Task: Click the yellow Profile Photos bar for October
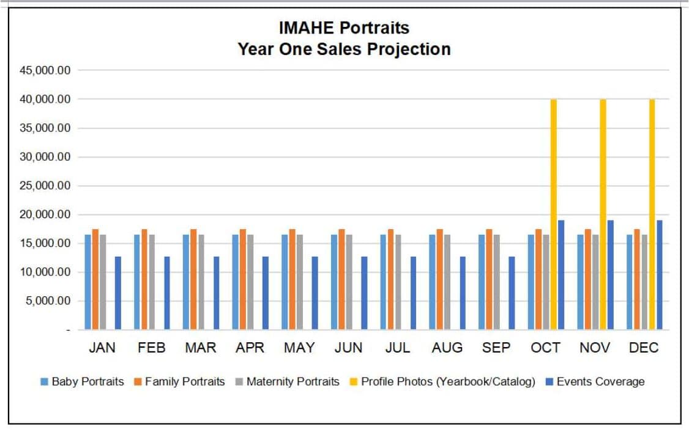[x=554, y=214]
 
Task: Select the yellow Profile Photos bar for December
[x=652, y=214]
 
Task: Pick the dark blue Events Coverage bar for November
[x=611, y=275]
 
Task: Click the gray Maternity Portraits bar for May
[x=299, y=282]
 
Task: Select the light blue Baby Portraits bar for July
[x=383, y=282]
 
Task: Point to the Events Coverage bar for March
[x=216, y=293]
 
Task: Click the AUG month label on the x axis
[x=447, y=348]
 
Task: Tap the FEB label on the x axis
[x=151, y=348]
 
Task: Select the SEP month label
[x=496, y=348]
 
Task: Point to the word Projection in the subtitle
[x=409, y=49]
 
